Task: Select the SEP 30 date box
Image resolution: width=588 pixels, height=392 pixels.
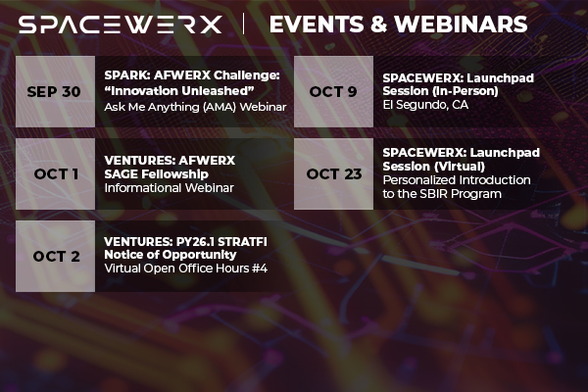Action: click(56, 91)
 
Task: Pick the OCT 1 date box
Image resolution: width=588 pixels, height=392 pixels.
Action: click(56, 173)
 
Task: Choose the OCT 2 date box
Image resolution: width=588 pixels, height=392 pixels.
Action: click(56, 256)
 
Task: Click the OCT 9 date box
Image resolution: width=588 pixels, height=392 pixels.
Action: click(333, 91)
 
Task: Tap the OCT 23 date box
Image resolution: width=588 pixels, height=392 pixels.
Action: click(333, 173)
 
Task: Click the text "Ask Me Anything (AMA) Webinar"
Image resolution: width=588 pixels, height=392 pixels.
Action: click(195, 107)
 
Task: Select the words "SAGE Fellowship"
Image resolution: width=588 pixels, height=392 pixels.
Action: click(157, 172)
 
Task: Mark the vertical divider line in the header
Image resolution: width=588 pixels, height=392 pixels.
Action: click(244, 24)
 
